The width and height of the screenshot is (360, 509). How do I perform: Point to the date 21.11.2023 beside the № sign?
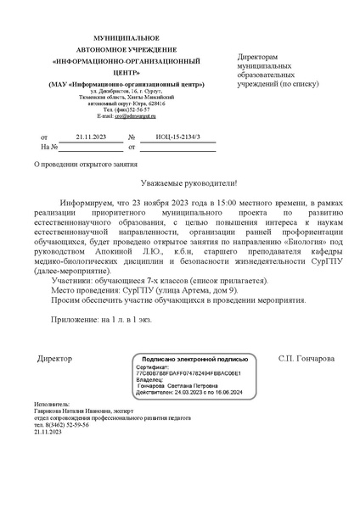tap(90, 137)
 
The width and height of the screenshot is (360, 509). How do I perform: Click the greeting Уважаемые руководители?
tap(188, 183)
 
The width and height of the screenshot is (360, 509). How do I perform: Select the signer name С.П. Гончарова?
tap(307, 358)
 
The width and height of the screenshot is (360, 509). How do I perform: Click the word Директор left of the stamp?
tap(54, 358)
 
